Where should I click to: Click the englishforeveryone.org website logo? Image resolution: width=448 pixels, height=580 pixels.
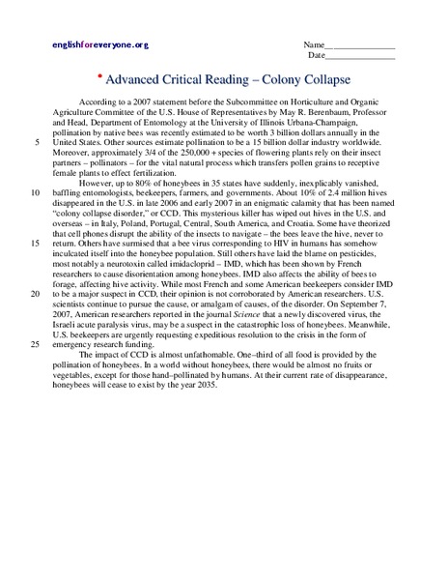(x=100, y=45)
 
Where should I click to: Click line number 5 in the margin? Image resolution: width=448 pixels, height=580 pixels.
(x=37, y=142)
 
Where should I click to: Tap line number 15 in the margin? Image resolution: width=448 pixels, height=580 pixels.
(x=35, y=241)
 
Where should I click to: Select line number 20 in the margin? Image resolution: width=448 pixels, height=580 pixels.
(x=35, y=292)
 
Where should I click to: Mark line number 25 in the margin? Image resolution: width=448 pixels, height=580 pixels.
(x=35, y=342)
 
